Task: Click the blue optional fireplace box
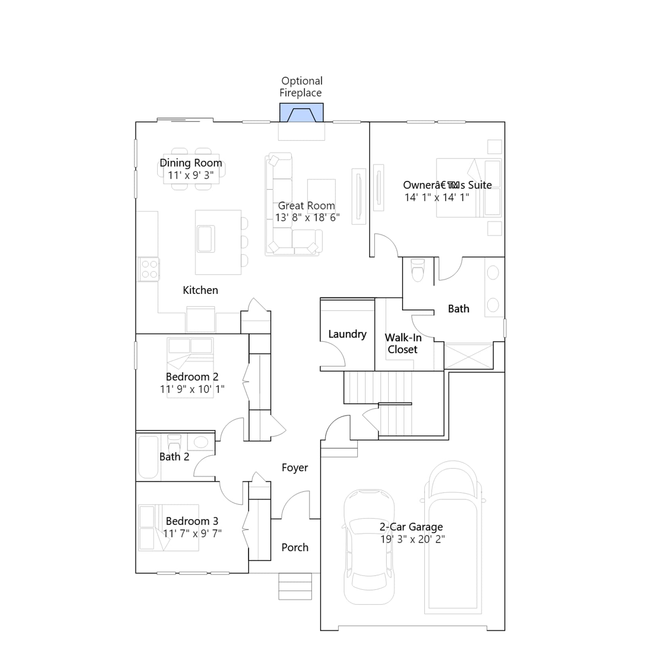click(x=302, y=112)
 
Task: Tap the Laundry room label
click(x=347, y=334)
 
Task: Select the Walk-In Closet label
click(x=403, y=344)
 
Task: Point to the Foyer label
click(x=295, y=468)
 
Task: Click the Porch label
click(x=295, y=547)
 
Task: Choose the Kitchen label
click(x=200, y=290)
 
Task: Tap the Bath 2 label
click(x=174, y=457)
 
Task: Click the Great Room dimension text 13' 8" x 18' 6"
click(x=307, y=218)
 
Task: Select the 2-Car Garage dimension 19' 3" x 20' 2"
click(x=412, y=539)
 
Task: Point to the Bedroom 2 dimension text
click(x=192, y=389)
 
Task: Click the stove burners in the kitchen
click(x=149, y=269)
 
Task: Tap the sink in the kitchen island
click(x=206, y=239)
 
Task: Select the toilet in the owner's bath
click(x=418, y=269)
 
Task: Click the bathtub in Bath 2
click(x=148, y=457)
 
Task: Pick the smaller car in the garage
click(x=369, y=547)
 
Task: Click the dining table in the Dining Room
click(x=191, y=169)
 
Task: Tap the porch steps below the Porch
click(x=295, y=586)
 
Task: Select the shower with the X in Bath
click(x=468, y=356)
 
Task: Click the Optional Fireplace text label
click(x=301, y=87)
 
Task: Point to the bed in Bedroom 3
click(x=168, y=527)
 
